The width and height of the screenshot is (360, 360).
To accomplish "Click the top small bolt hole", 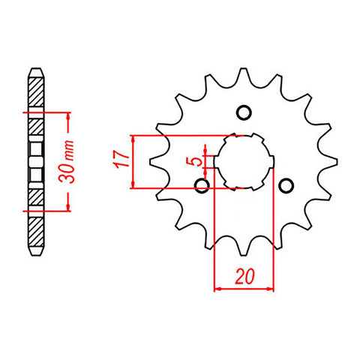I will pyautogui.click(x=241, y=112).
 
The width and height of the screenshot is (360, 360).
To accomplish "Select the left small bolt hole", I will pyautogui.click(x=200, y=185).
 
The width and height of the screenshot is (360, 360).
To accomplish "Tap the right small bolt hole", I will pyautogui.click(x=284, y=185).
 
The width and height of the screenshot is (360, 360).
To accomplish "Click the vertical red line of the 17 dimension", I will pyautogui.click(x=132, y=161).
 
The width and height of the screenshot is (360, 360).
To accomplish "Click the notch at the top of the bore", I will pyautogui.click(x=243, y=136).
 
